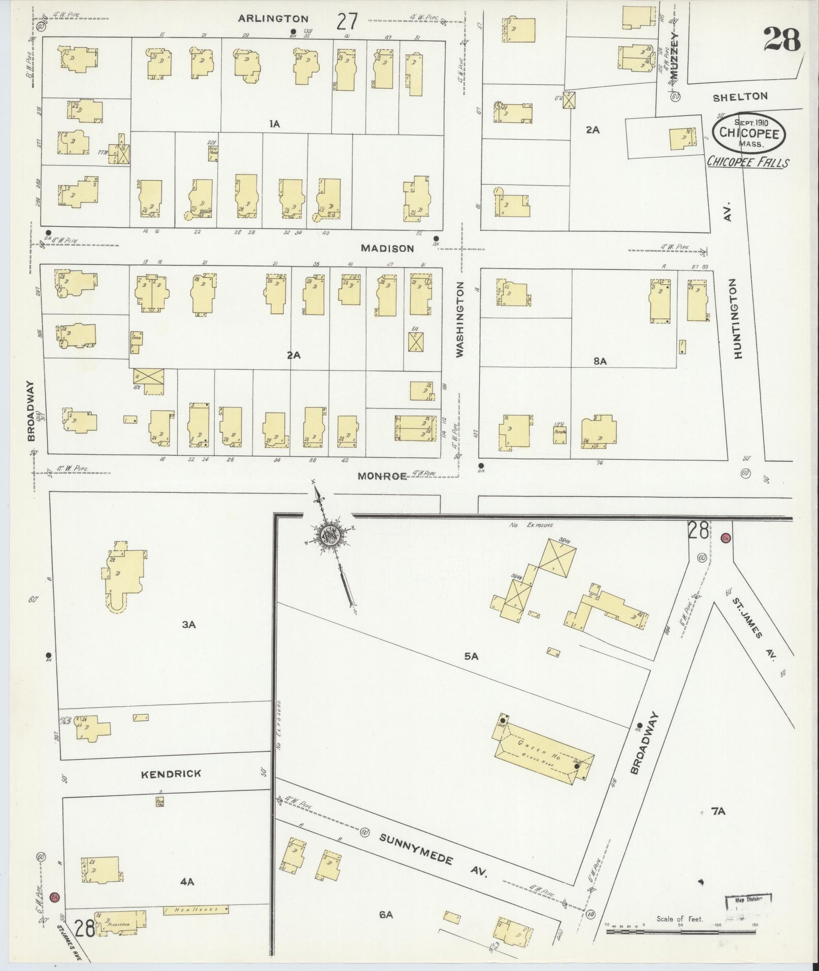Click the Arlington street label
tap(274, 19)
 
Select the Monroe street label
tap(382, 476)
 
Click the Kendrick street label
tap(171, 774)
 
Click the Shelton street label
tap(740, 97)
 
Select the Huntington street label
tap(738, 319)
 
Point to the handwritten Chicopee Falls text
tap(748, 162)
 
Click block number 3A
tap(189, 625)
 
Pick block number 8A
tap(600, 361)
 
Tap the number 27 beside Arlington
tap(347, 22)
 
